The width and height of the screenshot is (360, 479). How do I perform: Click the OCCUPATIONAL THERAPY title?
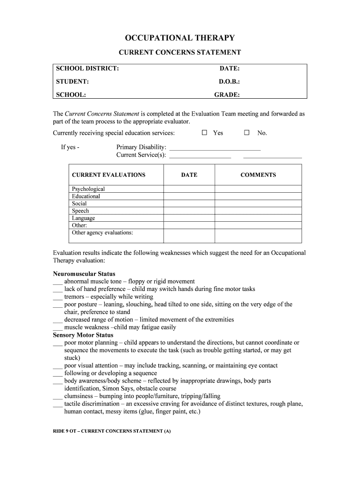tap(180, 38)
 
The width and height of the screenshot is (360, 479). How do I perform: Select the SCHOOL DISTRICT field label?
tap(87, 69)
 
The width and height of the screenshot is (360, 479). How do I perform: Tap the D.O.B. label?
tap(229, 81)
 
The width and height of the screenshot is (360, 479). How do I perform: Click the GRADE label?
tap(227, 94)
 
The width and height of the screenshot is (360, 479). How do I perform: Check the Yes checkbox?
tap(204, 133)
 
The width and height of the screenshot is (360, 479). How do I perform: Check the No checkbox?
tap(247, 133)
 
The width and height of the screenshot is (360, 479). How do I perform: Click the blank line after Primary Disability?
tap(215, 147)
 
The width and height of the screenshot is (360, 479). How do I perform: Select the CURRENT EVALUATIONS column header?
tap(108, 175)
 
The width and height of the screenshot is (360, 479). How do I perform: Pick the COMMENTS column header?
tap(258, 175)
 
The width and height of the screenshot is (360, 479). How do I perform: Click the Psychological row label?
tap(88, 189)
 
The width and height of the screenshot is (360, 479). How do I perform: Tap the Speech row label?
tap(80, 211)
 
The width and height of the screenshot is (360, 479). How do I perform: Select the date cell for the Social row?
tap(189, 203)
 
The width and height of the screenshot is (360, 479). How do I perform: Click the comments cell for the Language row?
tap(258, 218)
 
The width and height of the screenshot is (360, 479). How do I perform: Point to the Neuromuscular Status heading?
tap(84, 274)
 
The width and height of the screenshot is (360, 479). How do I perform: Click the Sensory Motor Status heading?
tap(83, 335)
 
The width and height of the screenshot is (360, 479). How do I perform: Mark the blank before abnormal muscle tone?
tap(58, 282)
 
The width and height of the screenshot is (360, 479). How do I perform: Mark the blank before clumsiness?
tap(58, 396)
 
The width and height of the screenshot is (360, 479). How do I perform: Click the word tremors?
tap(74, 297)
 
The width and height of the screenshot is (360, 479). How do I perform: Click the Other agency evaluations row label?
tap(102, 232)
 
